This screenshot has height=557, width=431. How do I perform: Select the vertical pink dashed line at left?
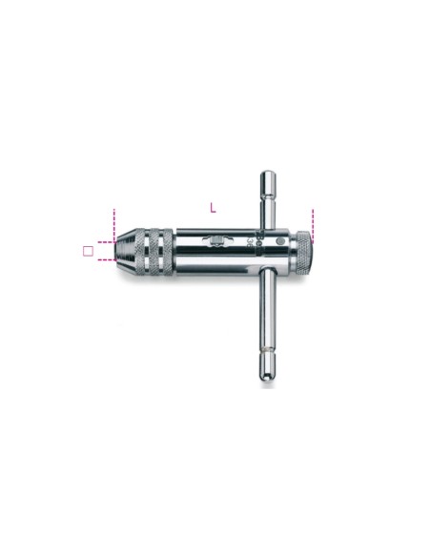click(113, 220)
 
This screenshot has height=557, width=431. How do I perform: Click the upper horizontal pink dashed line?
click(106, 241)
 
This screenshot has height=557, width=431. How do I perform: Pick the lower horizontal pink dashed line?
click(106, 258)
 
